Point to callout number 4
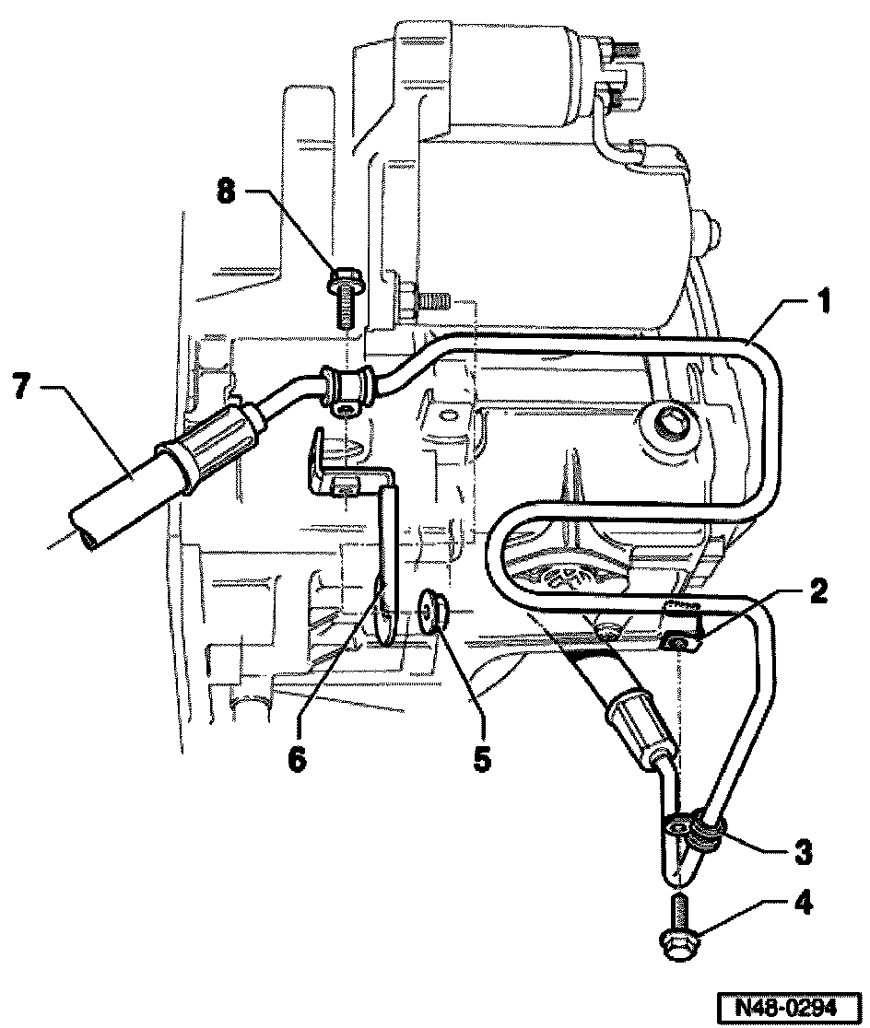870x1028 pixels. (804, 904)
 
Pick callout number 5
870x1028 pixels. (482, 759)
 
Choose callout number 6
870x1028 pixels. (298, 760)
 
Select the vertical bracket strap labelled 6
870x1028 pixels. (388, 562)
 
